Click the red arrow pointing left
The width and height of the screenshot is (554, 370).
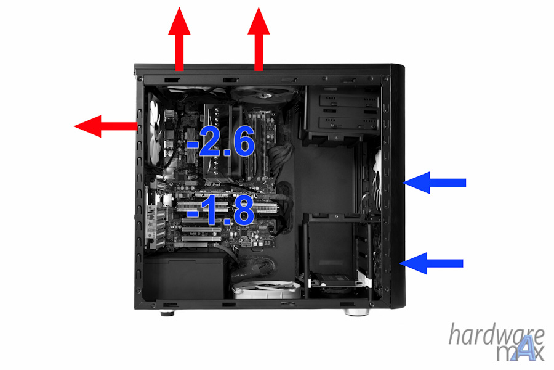tap(106, 126)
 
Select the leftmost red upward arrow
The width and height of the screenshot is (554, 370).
tap(179, 39)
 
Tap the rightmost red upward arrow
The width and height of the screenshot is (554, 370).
tap(259, 39)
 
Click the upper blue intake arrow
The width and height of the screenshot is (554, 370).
tap(434, 183)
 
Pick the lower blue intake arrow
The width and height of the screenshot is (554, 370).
tap(432, 263)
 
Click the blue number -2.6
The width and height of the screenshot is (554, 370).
tap(220, 141)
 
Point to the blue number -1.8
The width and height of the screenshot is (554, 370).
tap(220, 211)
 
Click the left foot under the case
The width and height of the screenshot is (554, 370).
tap(167, 313)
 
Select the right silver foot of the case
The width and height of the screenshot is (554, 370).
tap(356, 312)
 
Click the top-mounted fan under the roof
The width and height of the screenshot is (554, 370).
tap(263, 94)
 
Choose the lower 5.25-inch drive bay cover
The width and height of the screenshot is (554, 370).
tap(348, 123)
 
